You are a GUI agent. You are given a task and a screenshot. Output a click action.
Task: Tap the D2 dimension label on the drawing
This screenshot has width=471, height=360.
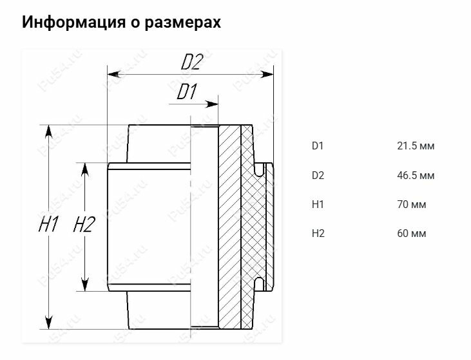click(192, 62)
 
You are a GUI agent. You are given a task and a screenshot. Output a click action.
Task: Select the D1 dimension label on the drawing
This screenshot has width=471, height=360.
click(186, 93)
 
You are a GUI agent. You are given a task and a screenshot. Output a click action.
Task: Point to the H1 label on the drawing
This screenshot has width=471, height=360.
click(49, 225)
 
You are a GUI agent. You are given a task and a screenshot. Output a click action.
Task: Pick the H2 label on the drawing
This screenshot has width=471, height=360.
click(84, 225)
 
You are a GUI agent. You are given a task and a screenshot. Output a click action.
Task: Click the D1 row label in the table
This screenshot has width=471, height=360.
click(318, 146)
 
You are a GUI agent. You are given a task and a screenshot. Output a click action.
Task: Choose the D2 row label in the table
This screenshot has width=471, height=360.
click(318, 175)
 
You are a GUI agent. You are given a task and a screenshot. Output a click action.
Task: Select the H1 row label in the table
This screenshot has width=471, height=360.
click(318, 205)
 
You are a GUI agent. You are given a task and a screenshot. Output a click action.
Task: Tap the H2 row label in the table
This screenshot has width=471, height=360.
click(318, 233)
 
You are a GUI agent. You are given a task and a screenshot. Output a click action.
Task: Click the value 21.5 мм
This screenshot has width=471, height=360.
click(416, 146)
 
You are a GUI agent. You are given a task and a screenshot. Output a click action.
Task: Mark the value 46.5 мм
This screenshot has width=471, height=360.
click(416, 175)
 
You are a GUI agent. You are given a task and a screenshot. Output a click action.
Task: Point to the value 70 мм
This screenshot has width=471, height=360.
click(412, 205)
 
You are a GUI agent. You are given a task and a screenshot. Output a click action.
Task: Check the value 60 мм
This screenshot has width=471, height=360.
click(412, 233)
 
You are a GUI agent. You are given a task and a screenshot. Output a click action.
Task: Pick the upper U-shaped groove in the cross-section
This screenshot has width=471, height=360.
click(260, 170)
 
